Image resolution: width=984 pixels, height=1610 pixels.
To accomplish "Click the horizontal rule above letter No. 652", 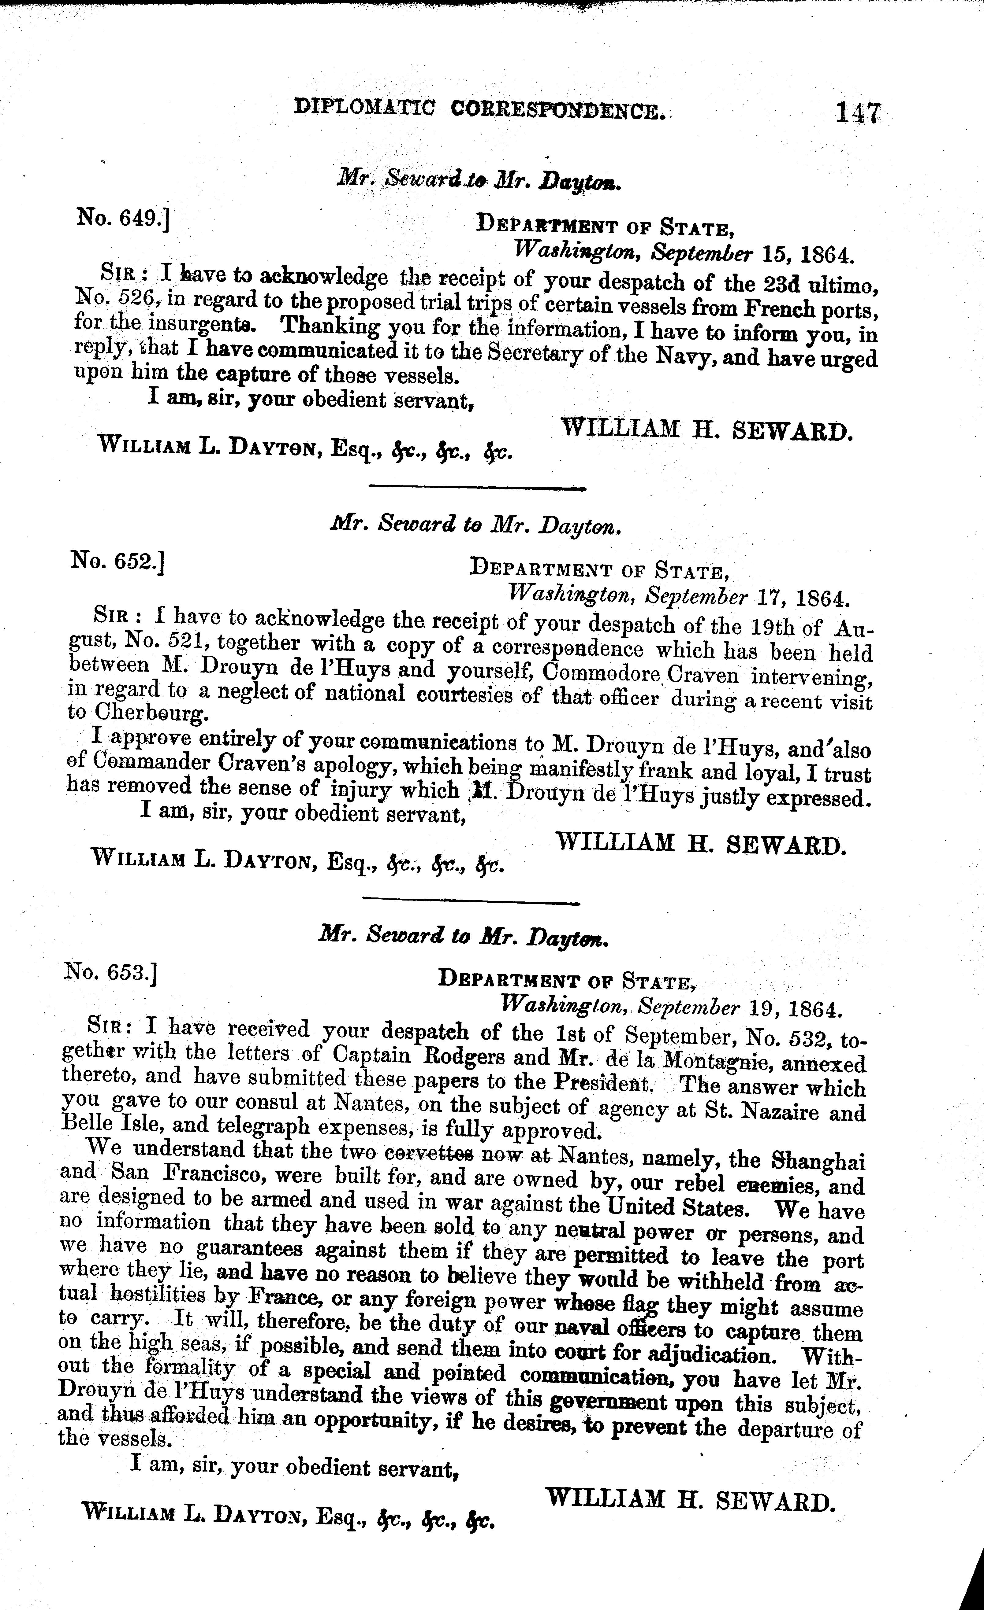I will [x=477, y=487].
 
